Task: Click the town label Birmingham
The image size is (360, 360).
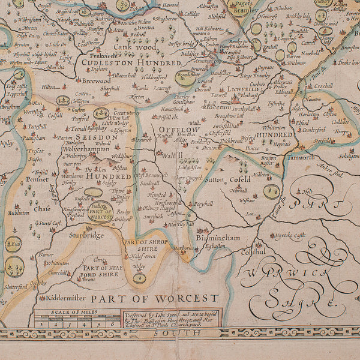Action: tap(217, 238)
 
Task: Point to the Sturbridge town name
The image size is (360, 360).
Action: tap(86, 235)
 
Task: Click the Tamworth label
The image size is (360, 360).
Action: tap(298, 157)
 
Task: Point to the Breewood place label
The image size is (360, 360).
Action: tap(96, 79)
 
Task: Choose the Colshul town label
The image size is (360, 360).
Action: tap(253, 252)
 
